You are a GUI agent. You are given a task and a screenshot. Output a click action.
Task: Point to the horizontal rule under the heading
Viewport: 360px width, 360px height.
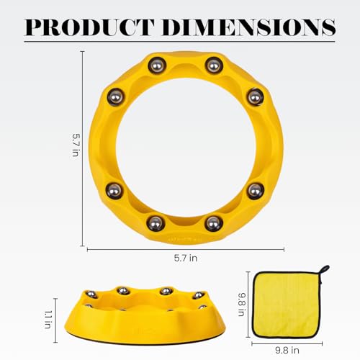179,42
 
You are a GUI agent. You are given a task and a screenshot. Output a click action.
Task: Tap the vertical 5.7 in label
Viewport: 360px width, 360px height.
76,145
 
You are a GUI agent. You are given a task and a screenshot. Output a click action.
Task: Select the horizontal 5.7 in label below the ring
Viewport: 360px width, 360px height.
186,258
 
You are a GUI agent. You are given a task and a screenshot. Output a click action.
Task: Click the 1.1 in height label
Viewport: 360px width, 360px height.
48,319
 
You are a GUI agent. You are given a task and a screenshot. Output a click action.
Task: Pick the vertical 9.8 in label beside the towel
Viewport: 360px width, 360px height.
242,305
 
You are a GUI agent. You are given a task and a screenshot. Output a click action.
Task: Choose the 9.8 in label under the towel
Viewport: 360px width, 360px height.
287,351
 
